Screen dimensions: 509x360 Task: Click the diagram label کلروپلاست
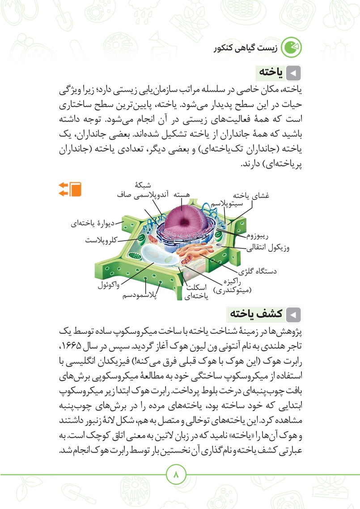[101, 240]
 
